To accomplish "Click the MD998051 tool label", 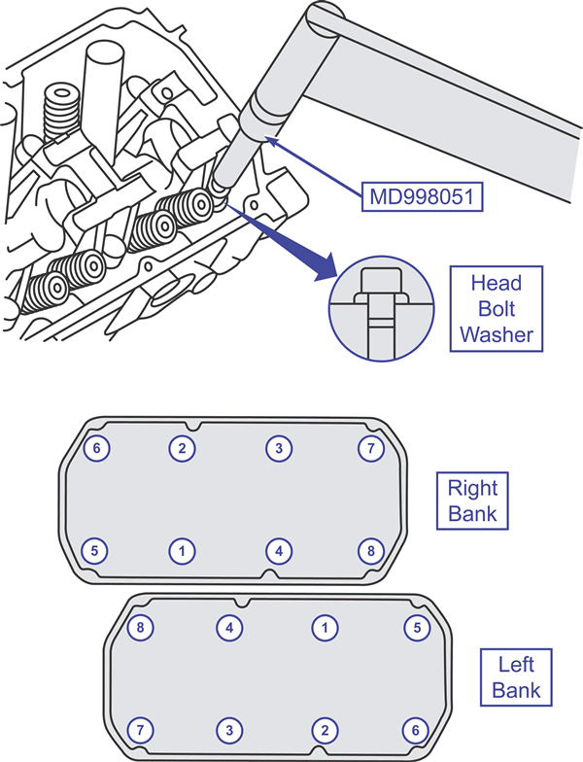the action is pyautogui.click(x=423, y=196).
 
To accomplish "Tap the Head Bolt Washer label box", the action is pyautogui.click(x=496, y=309).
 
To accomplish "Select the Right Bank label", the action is pyautogui.click(x=472, y=501).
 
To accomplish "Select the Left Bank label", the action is pyautogui.click(x=516, y=676).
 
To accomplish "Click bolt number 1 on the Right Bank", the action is pyautogui.click(x=183, y=551).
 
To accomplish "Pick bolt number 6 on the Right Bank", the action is pyautogui.click(x=96, y=447).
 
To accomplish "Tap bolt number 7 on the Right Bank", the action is pyautogui.click(x=371, y=447).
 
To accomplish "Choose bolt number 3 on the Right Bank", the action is pyautogui.click(x=279, y=447).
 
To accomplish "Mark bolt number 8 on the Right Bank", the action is pyautogui.click(x=371, y=551).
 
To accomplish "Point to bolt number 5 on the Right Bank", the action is pyautogui.click(x=95, y=550).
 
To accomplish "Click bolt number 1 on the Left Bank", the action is pyautogui.click(x=325, y=628).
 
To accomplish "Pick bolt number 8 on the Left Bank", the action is pyautogui.click(x=140, y=628).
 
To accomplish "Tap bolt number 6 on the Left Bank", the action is pyautogui.click(x=416, y=730).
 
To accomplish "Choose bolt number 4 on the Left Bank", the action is pyautogui.click(x=229, y=628).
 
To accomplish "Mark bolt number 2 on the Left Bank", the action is pyautogui.click(x=325, y=730).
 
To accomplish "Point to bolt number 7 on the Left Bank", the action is pyautogui.click(x=140, y=730).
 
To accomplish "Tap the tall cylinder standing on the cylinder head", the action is pyautogui.click(x=103, y=97).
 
